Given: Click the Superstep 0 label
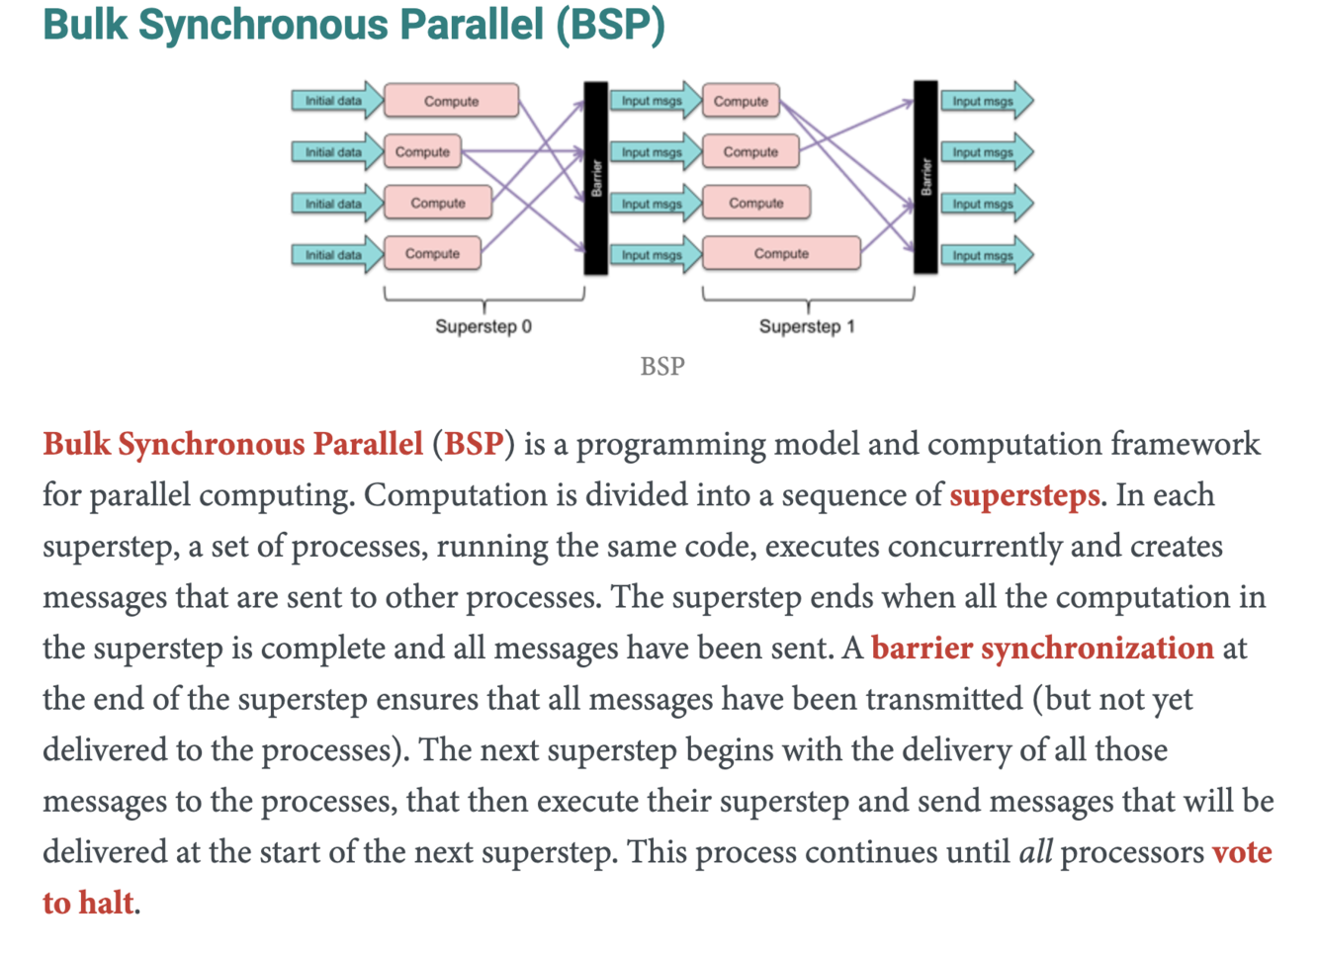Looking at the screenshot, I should (484, 326).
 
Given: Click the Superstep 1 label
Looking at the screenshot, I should (807, 326).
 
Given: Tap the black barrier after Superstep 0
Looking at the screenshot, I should (596, 178).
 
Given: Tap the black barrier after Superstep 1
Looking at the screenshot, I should (925, 178).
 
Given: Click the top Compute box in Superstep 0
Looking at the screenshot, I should (451, 101).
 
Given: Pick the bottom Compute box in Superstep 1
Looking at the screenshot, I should (781, 253).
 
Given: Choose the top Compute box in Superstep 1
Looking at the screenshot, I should (741, 101).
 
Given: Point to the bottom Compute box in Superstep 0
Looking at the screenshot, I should (432, 253).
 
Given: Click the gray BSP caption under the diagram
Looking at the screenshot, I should (662, 367).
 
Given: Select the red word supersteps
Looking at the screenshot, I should (1024, 495).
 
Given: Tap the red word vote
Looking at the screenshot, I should (1242, 851).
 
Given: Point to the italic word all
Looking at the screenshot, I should (1035, 851).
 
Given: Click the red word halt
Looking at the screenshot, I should (106, 903).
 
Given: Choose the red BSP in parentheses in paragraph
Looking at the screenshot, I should (474, 444).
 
